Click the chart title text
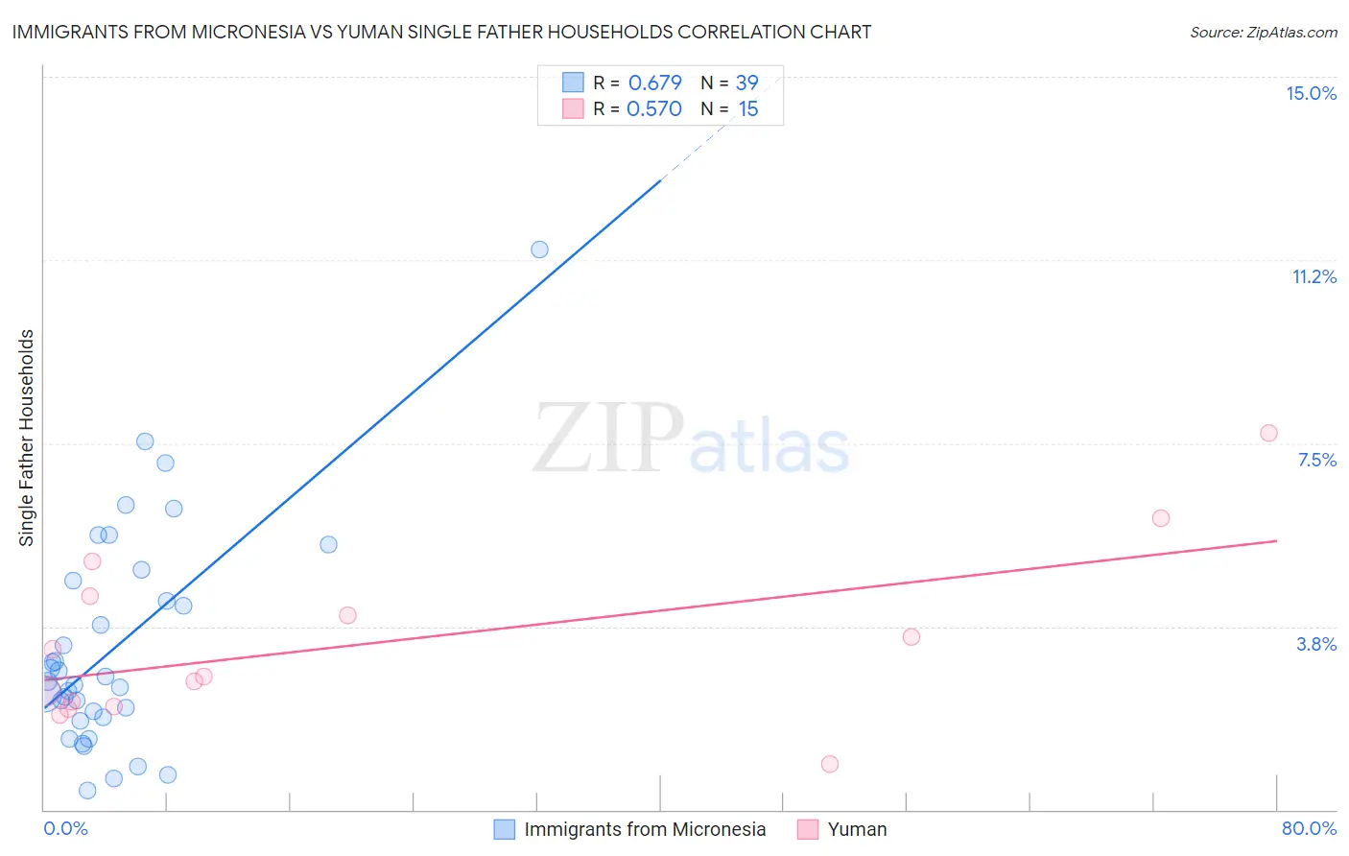[441, 32]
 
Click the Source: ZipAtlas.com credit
[1263, 32]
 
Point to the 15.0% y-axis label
[1311, 93]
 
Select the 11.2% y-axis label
[1313, 276]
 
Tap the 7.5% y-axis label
[1316, 460]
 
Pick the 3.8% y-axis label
[1316, 644]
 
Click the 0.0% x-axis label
[65, 828]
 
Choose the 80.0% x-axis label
[1309, 828]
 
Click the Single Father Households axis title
[27, 438]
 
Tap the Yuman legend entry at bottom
[857, 829]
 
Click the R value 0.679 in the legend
[654, 83]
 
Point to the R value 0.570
[653, 108]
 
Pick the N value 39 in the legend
[746, 83]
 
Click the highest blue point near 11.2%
[539, 250]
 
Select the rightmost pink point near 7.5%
[1268, 433]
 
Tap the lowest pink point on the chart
[830, 764]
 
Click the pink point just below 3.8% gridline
[911, 636]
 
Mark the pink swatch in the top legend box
[573, 108]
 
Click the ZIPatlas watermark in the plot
[691, 439]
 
